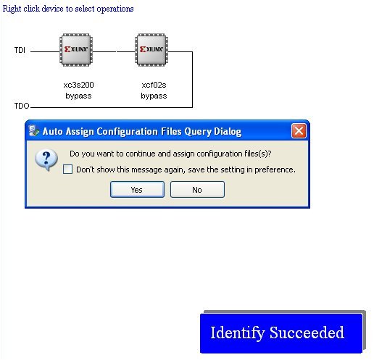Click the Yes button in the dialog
coord(137,190)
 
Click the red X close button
coord(299,131)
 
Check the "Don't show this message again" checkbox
coord(67,169)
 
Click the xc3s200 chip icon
coord(76,50)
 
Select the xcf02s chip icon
coord(151,50)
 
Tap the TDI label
coord(20,50)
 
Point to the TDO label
coord(22,106)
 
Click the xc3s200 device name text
coord(78,85)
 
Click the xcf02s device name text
coord(154,85)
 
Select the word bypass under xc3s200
coord(78,96)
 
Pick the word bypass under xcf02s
coord(154,96)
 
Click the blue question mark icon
coord(46,159)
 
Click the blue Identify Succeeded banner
coord(281,333)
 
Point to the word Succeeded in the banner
coord(307,332)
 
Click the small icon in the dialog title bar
coord(34,130)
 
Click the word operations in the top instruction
coord(115,9)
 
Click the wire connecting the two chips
coord(114,51)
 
